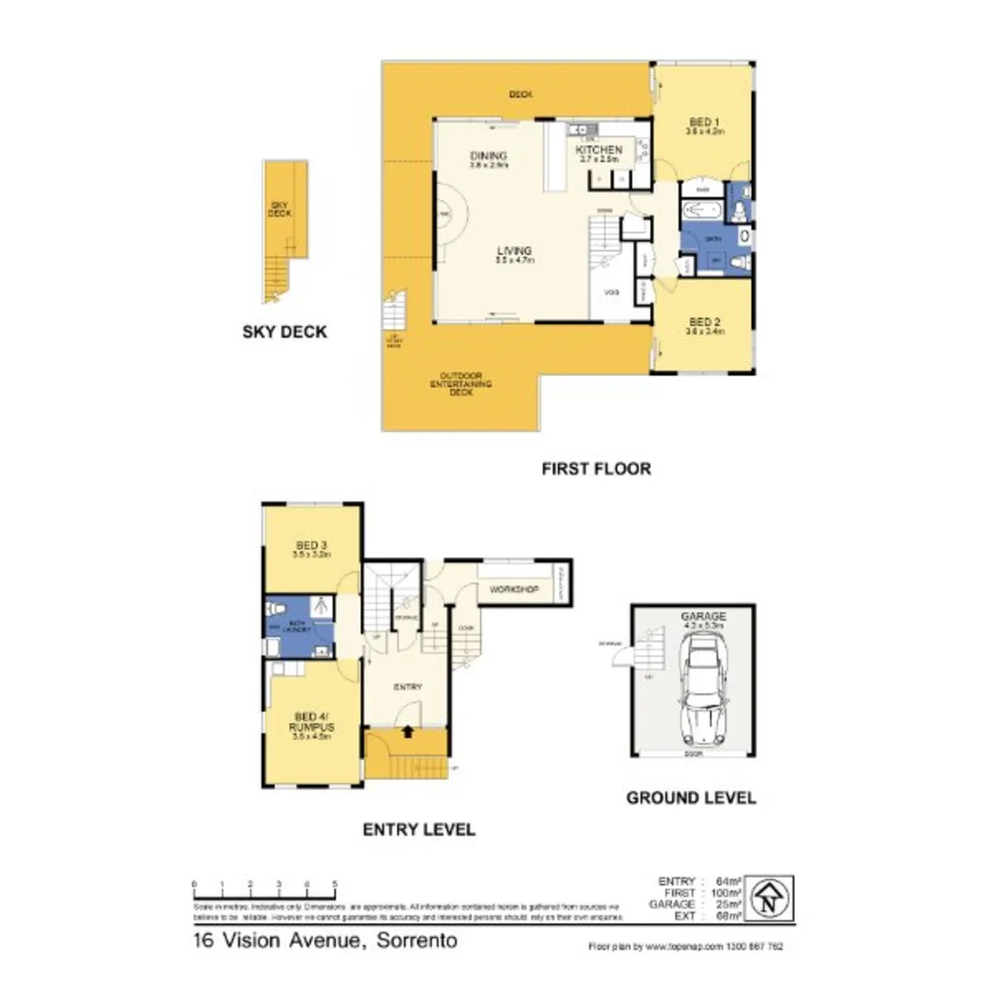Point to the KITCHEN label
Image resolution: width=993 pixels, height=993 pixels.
(599, 150)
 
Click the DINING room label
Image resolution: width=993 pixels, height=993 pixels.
(488, 155)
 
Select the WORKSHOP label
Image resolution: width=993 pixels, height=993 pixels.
(513, 588)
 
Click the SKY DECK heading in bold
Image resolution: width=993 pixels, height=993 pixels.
(283, 333)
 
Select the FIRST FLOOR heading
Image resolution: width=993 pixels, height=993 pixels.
(596, 469)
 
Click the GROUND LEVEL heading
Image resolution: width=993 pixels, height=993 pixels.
(691, 797)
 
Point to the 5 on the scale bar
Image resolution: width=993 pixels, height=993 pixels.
(335, 884)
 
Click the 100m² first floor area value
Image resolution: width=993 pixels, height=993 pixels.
(725, 893)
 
